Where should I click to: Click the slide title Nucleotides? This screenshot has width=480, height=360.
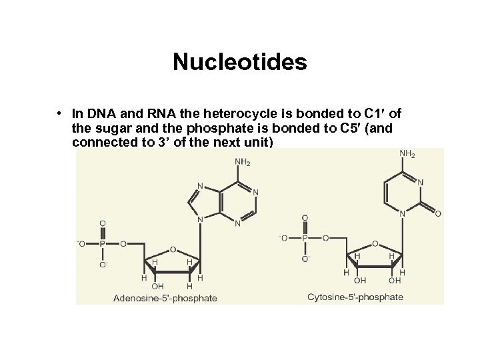[239, 63]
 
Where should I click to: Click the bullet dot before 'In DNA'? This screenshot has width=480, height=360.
[60, 111]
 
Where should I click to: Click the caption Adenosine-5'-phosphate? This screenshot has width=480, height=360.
[165, 297]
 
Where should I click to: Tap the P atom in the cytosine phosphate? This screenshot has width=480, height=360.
[305, 237]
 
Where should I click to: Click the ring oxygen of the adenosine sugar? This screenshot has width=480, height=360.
[174, 250]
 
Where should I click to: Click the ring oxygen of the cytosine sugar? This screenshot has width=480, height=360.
[375, 243]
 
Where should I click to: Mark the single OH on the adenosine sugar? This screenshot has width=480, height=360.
[158, 286]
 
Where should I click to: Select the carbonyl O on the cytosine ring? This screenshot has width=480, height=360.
[438, 214]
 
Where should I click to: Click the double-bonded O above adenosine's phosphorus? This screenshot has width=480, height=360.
[102, 224]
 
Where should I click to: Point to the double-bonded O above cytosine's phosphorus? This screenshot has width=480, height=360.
[305, 217]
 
